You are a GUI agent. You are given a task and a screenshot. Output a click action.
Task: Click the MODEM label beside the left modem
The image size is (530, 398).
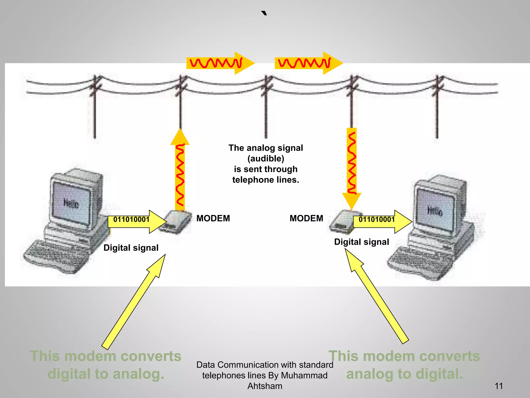[213, 218]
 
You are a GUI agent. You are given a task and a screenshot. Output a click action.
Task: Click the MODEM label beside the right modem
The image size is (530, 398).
[306, 218]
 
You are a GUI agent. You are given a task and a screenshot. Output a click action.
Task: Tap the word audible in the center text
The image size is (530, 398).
[266, 159]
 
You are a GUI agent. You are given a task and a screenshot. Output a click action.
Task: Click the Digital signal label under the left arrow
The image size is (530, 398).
[131, 248]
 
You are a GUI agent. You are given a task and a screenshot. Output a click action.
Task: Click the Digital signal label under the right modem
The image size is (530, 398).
[362, 242]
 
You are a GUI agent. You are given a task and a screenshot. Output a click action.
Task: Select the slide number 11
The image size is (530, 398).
[499, 386]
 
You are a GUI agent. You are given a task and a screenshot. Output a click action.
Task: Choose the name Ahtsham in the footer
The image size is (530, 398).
[265, 386]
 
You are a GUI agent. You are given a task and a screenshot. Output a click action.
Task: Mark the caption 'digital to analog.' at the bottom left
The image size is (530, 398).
[106, 374]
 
